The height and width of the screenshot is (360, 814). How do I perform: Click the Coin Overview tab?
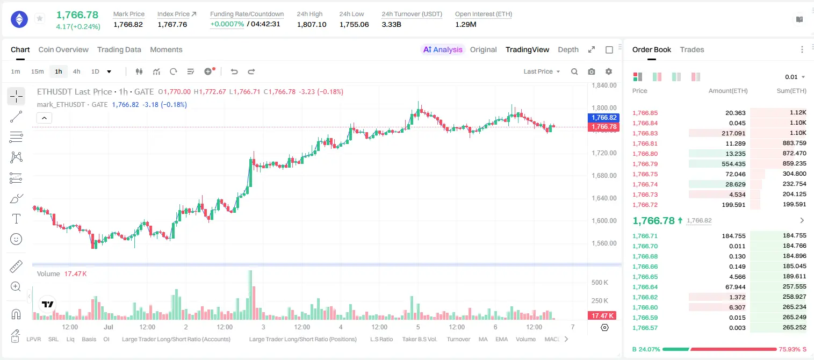[x=63, y=49]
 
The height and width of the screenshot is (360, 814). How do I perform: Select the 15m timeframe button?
[x=37, y=71]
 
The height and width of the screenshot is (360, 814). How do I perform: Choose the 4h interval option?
[x=76, y=71]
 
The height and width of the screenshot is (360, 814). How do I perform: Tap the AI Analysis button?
[x=443, y=49]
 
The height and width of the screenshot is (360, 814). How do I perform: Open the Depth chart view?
[x=568, y=49]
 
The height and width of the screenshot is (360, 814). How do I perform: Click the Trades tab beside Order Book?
[x=692, y=49]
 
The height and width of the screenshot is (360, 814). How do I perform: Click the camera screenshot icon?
[x=592, y=71]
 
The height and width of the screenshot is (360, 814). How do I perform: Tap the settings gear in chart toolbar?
[x=609, y=71]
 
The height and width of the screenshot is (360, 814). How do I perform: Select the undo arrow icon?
[x=234, y=71]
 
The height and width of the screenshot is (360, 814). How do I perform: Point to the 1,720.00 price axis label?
[x=604, y=153]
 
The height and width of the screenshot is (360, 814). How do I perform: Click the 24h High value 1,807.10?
[x=312, y=24]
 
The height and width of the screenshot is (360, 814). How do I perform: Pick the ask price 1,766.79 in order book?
[x=645, y=164]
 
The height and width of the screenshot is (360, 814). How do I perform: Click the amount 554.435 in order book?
[x=733, y=164]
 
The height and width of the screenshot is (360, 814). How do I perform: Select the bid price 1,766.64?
[x=645, y=286]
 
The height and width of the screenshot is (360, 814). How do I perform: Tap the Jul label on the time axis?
[x=109, y=327]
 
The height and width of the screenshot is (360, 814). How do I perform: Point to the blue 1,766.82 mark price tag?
[x=603, y=118]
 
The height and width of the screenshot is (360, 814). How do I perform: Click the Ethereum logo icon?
[x=19, y=19]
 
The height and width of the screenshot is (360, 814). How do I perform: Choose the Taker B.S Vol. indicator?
[x=419, y=339]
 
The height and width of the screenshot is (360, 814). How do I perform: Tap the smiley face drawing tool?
[x=16, y=239]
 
